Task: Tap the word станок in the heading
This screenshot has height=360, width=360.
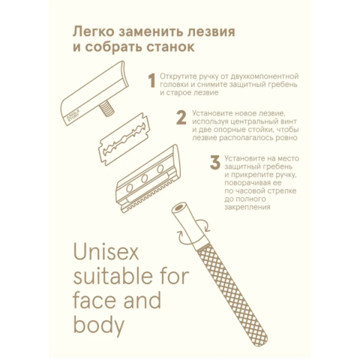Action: point(170,47)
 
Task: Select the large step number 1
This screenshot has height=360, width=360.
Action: point(151,80)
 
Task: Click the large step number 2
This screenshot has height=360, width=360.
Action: point(181,118)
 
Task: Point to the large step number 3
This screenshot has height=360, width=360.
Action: point(215,163)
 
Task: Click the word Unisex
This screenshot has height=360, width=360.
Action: point(106,251)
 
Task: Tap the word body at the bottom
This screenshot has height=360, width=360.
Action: point(99,324)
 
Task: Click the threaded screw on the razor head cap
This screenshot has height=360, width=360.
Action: point(106,109)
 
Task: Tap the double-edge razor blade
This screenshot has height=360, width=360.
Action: point(124,139)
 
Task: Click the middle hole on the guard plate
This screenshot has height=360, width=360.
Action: point(145,178)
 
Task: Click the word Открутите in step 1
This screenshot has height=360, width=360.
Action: point(177,76)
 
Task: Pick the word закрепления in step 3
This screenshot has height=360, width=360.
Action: point(247,207)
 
